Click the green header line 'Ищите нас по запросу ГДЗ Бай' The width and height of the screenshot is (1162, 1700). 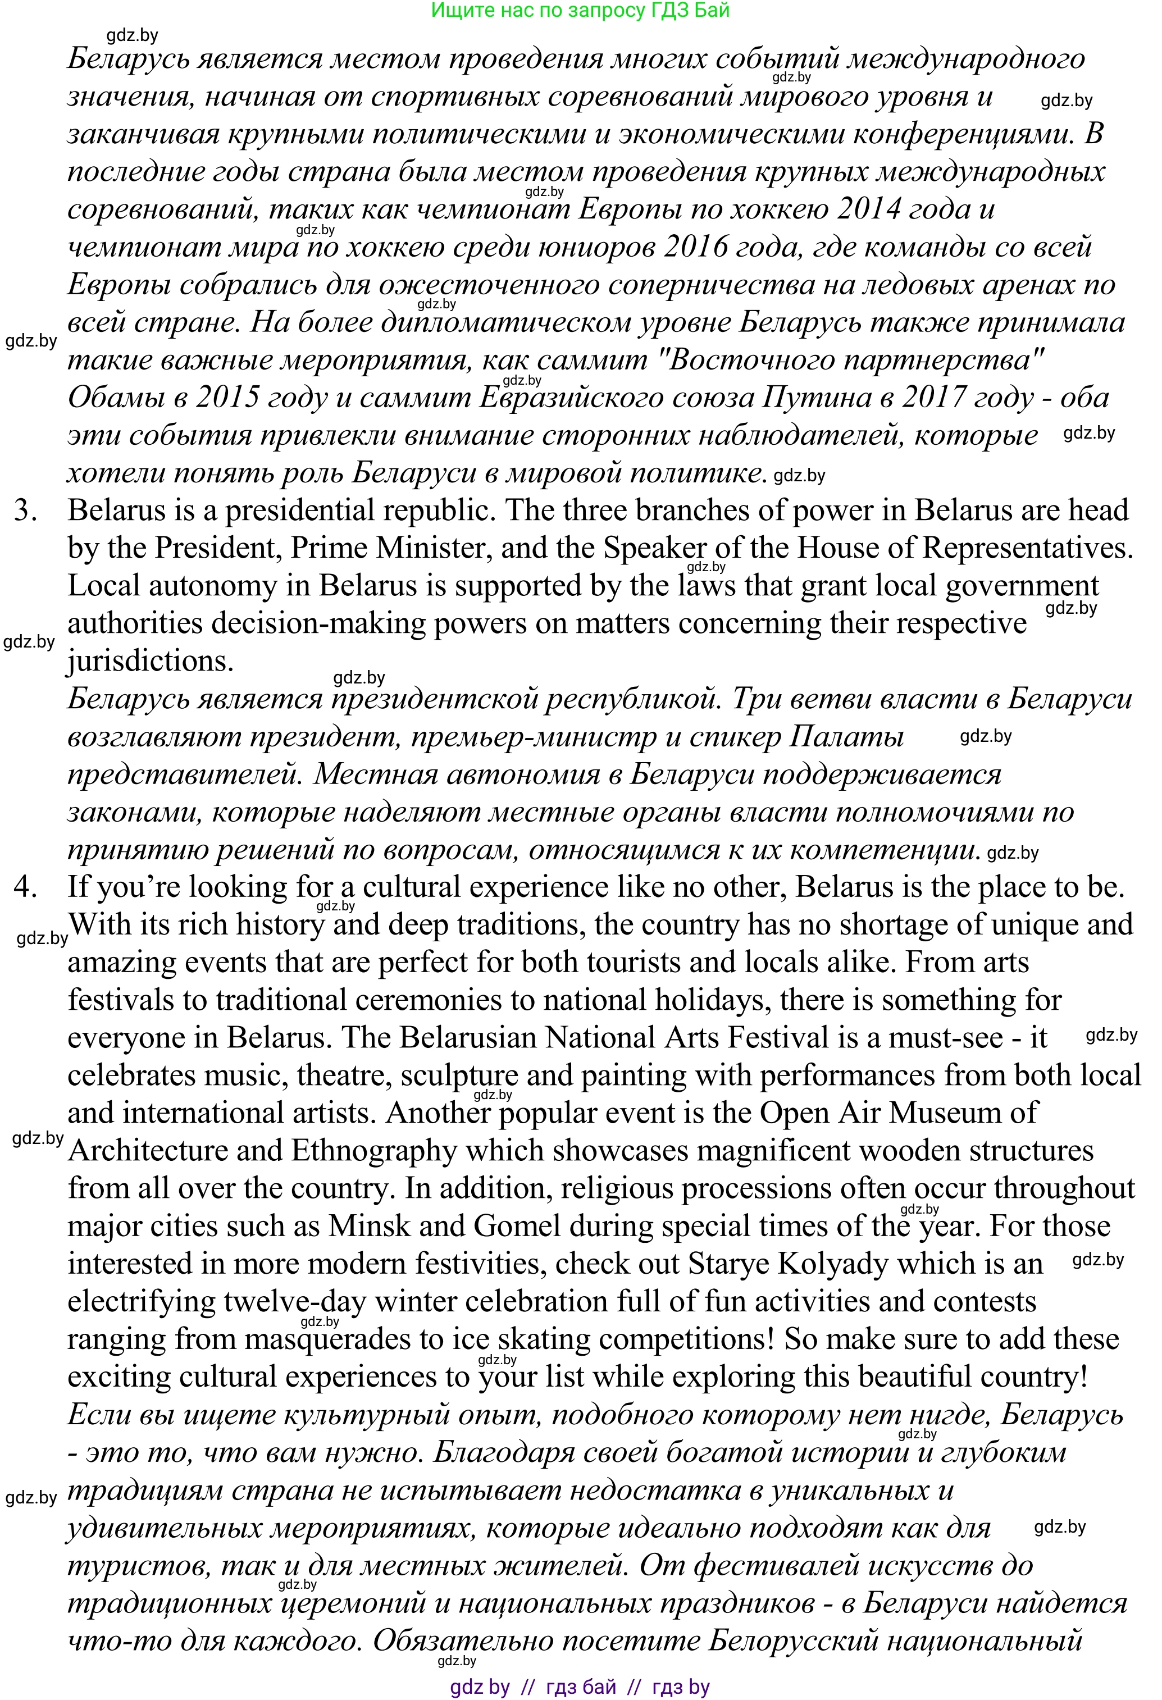click(x=580, y=10)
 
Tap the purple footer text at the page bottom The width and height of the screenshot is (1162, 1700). click(x=580, y=1687)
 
